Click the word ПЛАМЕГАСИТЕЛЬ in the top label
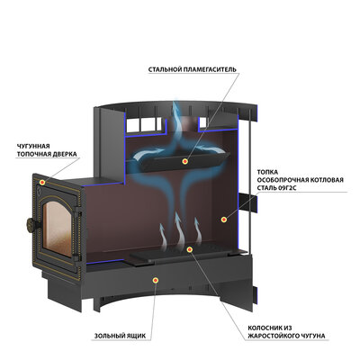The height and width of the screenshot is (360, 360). coord(210,69)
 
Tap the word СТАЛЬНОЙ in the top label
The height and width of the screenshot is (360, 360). coord(165,69)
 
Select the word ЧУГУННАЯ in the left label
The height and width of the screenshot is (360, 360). coord(33,147)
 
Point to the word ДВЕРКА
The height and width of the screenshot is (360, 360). coord(64,154)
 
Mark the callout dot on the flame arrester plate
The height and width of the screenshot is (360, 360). coord(185,162)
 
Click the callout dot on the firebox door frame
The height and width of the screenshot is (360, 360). coord(42,182)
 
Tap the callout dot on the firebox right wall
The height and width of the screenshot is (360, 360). coord(223,220)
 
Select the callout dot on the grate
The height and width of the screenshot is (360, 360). coord(189,249)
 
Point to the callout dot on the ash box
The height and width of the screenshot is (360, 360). coord(156,281)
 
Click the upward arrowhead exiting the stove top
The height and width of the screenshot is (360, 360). coord(176,105)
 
